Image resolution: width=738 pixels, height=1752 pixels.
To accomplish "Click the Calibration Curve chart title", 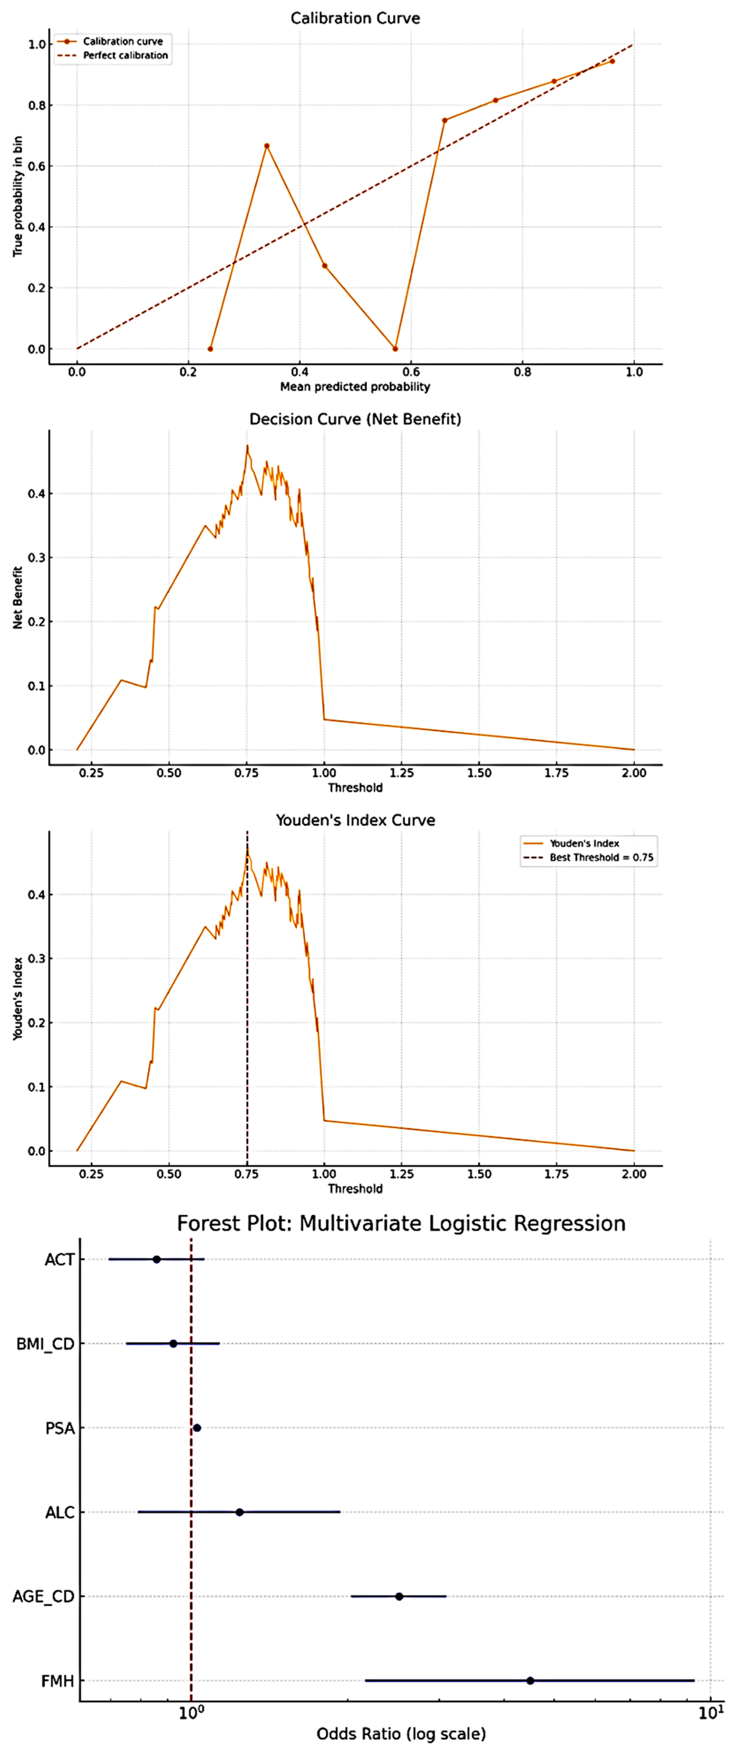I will (355, 18).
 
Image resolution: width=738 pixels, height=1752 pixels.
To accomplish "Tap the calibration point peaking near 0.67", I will (267, 145).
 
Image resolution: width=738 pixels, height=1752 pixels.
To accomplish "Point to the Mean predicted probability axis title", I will (355, 387).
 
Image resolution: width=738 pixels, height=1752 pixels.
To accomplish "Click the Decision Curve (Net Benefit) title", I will (355, 419).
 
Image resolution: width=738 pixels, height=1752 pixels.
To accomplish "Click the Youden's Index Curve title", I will (355, 820).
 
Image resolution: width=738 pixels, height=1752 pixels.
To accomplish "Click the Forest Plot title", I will (401, 1224).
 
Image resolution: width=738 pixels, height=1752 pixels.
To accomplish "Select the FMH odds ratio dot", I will (530, 1681).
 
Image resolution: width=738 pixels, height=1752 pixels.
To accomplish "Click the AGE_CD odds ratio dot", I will (399, 1596).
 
